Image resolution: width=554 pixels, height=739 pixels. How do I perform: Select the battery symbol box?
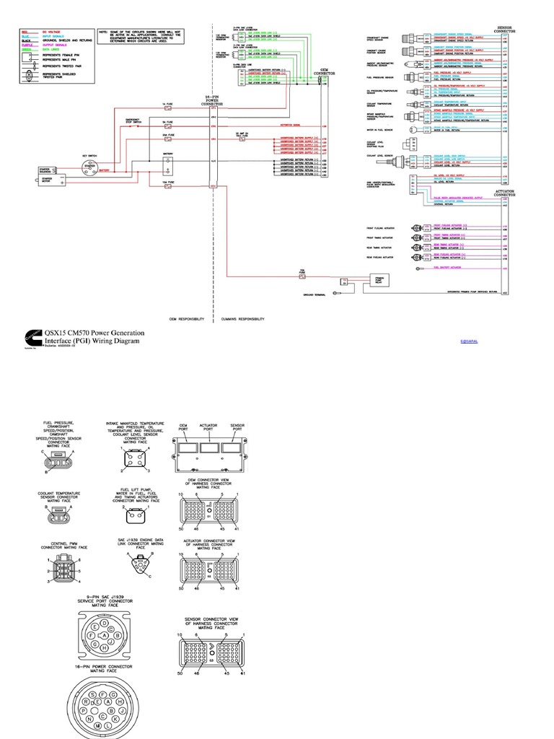[x=167, y=166]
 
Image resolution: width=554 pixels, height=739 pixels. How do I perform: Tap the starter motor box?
[x=48, y=180]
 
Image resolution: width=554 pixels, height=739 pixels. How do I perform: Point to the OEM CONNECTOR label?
[x=320, y=73]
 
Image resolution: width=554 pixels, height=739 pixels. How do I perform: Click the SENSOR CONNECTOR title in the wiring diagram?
[x=503, y=31]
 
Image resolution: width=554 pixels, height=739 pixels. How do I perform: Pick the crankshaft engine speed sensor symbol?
[x=416, y=38]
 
